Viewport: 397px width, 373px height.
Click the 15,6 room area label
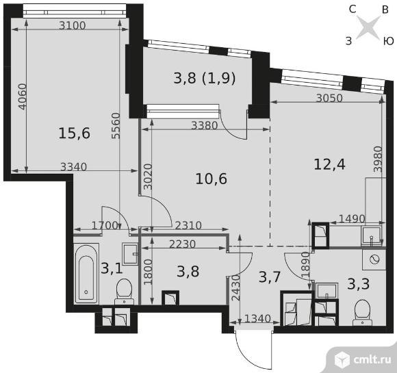[x=74, y=133]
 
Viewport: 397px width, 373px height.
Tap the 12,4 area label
[x=329, y=164]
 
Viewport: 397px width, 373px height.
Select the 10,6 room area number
[x=212, y=179]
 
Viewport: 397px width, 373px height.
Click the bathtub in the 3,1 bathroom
[x=86, y=274]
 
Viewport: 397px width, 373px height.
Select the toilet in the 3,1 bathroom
[x=124, y=292]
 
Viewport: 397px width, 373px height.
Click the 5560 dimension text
[x=116, y=126]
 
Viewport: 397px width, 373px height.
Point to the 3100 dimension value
[x=73, y=25]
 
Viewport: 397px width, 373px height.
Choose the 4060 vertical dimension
[x=23, y=97]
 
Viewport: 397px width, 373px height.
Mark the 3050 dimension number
[x=329, y=98]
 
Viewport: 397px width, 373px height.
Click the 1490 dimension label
[x=352, y=218]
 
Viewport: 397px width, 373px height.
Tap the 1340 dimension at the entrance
[x=258, y=318]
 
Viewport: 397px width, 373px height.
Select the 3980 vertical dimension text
[x=378, y=159]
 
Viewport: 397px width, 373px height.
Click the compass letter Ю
[x=388, y=41]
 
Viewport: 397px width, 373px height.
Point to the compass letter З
[x=349, y=41]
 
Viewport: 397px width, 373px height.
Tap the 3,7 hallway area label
[x=270, y=276]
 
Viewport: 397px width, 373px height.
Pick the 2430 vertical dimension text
[x=235, y=287]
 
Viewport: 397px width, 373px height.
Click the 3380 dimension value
[x=205, y=125]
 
